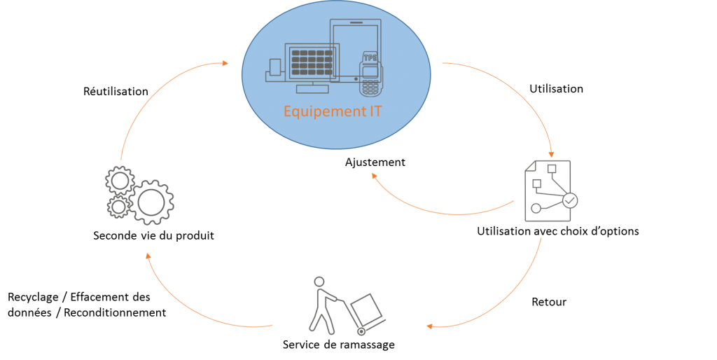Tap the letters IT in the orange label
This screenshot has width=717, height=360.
(375, 111)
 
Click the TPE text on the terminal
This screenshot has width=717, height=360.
(369, 57)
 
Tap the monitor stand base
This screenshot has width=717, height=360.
(312, 89)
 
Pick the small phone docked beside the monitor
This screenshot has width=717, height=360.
(275, 67)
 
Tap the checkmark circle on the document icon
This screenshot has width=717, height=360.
(571, 200)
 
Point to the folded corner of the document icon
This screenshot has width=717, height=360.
(530, 165)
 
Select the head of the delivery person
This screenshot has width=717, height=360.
(319, 282)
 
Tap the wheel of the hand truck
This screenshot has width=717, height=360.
(361, 330)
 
